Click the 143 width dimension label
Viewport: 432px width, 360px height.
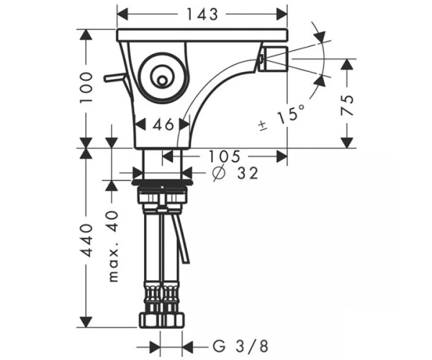point(202,14)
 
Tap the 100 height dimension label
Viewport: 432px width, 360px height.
point(86,88)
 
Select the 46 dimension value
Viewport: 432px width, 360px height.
point(163,125)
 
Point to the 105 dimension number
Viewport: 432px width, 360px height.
point(224,156)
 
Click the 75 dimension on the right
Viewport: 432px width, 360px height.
point(347,105)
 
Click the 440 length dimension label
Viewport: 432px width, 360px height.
point(86,240)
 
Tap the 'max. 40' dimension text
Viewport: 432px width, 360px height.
point(113,246)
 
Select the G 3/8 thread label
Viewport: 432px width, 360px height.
point(240,346)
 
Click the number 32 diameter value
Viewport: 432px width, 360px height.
point(248,174)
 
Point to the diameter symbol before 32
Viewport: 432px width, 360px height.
point(220,174)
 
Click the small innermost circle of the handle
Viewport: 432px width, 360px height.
point(162,81)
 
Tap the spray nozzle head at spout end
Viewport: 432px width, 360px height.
point(274,58)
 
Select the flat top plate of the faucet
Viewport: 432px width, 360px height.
point(202,35)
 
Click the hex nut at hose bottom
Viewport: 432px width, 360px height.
point(161,320)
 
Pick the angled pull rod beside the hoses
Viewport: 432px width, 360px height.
point(181,238)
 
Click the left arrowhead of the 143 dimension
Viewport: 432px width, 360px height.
point(122,14)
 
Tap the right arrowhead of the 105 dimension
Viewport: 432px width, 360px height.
point(282,156)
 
